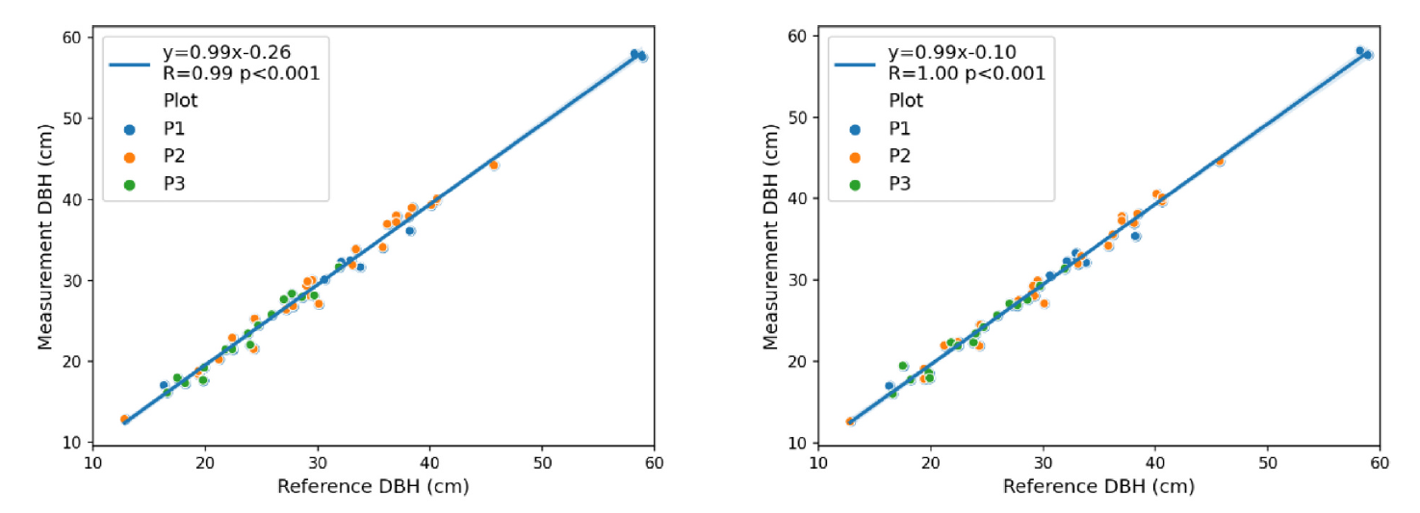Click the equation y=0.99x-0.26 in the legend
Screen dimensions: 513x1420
(x=226, y=50)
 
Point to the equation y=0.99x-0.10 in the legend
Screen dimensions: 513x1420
(x=951, y=50)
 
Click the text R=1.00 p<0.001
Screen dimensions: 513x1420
(x=966, y=72)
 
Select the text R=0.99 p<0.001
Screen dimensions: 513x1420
(x=241, y=72)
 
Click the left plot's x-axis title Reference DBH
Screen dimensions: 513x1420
(x=373, y=487)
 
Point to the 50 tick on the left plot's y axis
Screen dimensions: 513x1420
(x=72, y=118)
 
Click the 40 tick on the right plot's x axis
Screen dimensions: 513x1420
(x=1155, y=462)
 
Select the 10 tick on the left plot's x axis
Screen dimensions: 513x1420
(x=92, y=462)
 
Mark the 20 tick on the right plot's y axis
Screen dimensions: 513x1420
(x=798, y=362)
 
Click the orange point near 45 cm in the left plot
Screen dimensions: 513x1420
(x=494, y=166)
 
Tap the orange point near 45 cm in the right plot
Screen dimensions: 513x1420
(x=1220, y=162)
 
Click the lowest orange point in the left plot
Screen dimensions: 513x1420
(x=124, y=420)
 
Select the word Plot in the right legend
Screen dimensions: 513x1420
(x=906, y=100)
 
